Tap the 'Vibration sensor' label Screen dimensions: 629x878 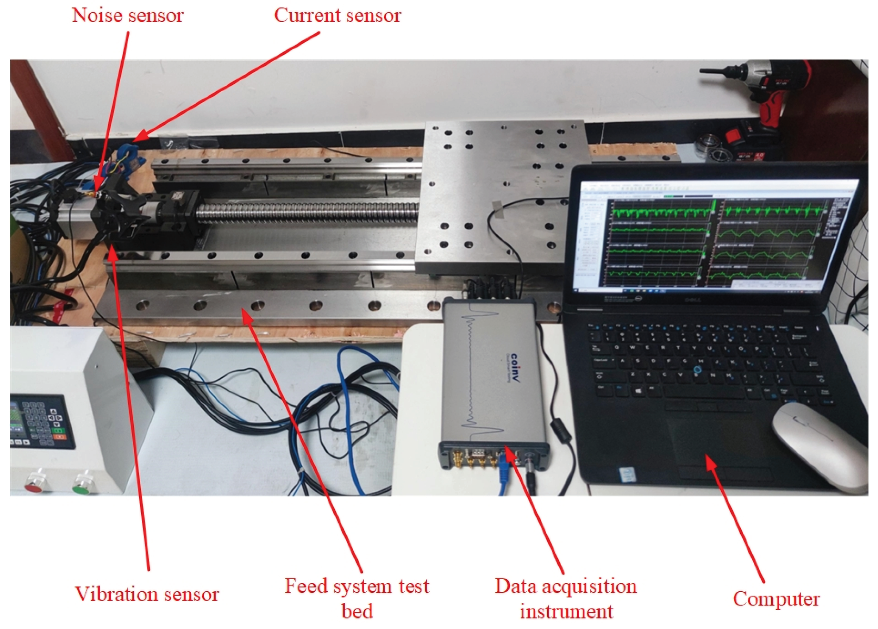(147, 595)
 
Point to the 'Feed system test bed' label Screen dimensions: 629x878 (357, 598)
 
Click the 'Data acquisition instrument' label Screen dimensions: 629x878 (566, 598)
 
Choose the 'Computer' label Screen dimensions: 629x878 (776, 599)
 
